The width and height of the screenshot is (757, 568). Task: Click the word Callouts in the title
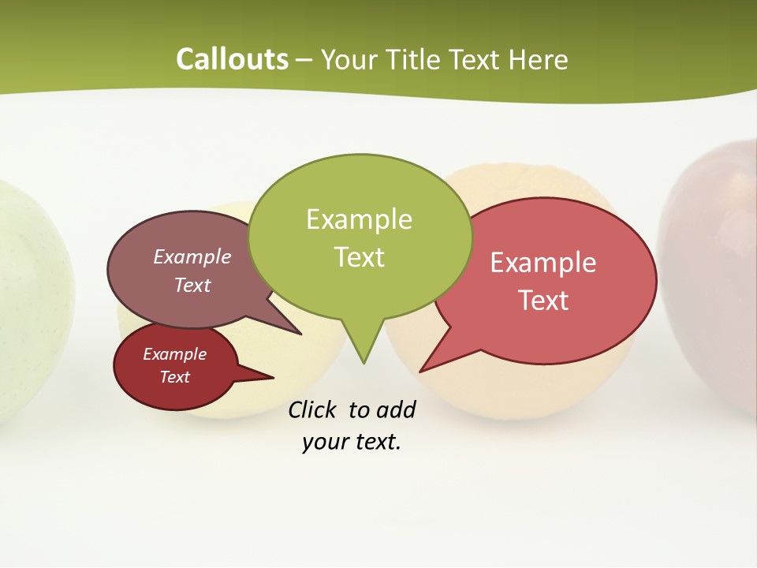point(232,59)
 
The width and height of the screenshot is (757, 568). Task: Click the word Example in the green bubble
point(359,219)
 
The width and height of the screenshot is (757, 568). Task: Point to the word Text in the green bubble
point(359,257)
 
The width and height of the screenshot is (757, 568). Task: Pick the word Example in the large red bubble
point(543,263)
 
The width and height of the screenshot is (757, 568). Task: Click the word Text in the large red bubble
point(543,301)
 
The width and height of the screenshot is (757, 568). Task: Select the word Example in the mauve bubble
point(192,256)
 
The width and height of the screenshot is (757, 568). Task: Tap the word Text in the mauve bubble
point(192,285)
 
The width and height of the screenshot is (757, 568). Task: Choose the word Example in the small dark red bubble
point(174,354)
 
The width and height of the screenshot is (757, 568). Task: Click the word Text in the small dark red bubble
point(174,377)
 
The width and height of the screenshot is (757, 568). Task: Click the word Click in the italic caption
point(314,410)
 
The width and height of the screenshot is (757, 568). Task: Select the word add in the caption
point(396,410)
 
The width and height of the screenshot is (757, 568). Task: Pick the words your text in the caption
point(351,443)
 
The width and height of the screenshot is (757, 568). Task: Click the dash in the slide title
point(304,60)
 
